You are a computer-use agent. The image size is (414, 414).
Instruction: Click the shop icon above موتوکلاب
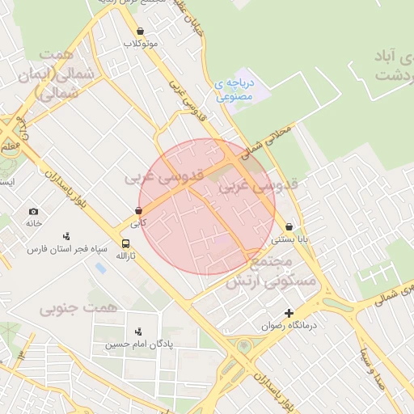coord(141,31)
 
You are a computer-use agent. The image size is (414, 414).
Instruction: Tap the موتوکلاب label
coord(142,43)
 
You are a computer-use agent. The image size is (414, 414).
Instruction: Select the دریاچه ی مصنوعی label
coord(235,89)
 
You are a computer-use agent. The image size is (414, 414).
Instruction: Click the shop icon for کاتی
coord(139,210)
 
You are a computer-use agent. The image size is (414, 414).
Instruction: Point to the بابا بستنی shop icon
coord(289,227)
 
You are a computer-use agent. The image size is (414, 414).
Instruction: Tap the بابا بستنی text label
coord(289,239)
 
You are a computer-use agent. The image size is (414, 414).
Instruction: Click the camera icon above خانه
coord(33,211)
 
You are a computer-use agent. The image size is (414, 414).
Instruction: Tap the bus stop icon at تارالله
coord(125,243)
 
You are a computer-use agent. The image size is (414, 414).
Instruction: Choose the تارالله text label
coord(125,256)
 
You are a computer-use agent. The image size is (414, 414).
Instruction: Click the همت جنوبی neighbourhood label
coord(78,308)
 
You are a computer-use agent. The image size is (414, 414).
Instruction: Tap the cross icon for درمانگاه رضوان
coord(289,313)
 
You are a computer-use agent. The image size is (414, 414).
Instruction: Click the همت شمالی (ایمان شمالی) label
coord(66,74)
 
